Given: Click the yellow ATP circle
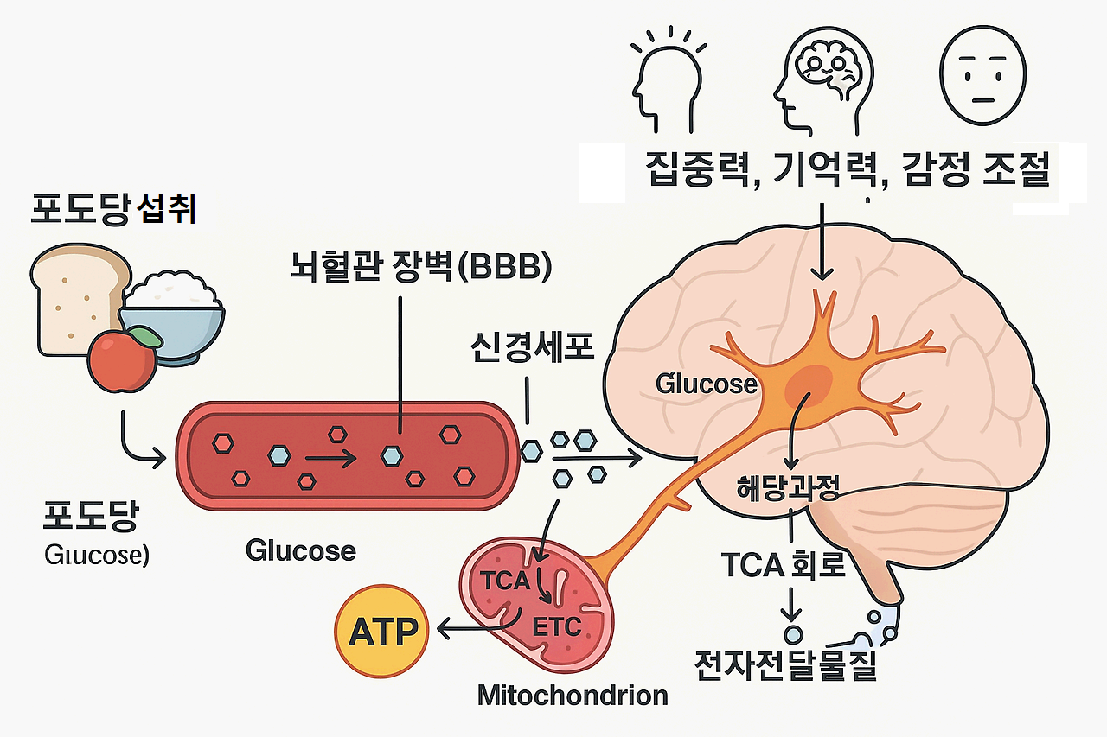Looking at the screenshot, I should pos(381,632).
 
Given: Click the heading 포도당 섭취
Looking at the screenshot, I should pos(112,209).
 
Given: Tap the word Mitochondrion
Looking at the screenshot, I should pos(573,695).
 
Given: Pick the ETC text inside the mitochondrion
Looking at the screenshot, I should pos(557,627).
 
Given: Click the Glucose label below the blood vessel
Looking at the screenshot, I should pos(300,550).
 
